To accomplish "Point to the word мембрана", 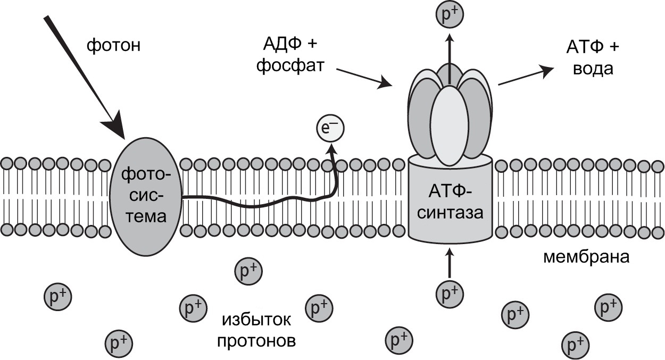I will pos(586,257).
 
